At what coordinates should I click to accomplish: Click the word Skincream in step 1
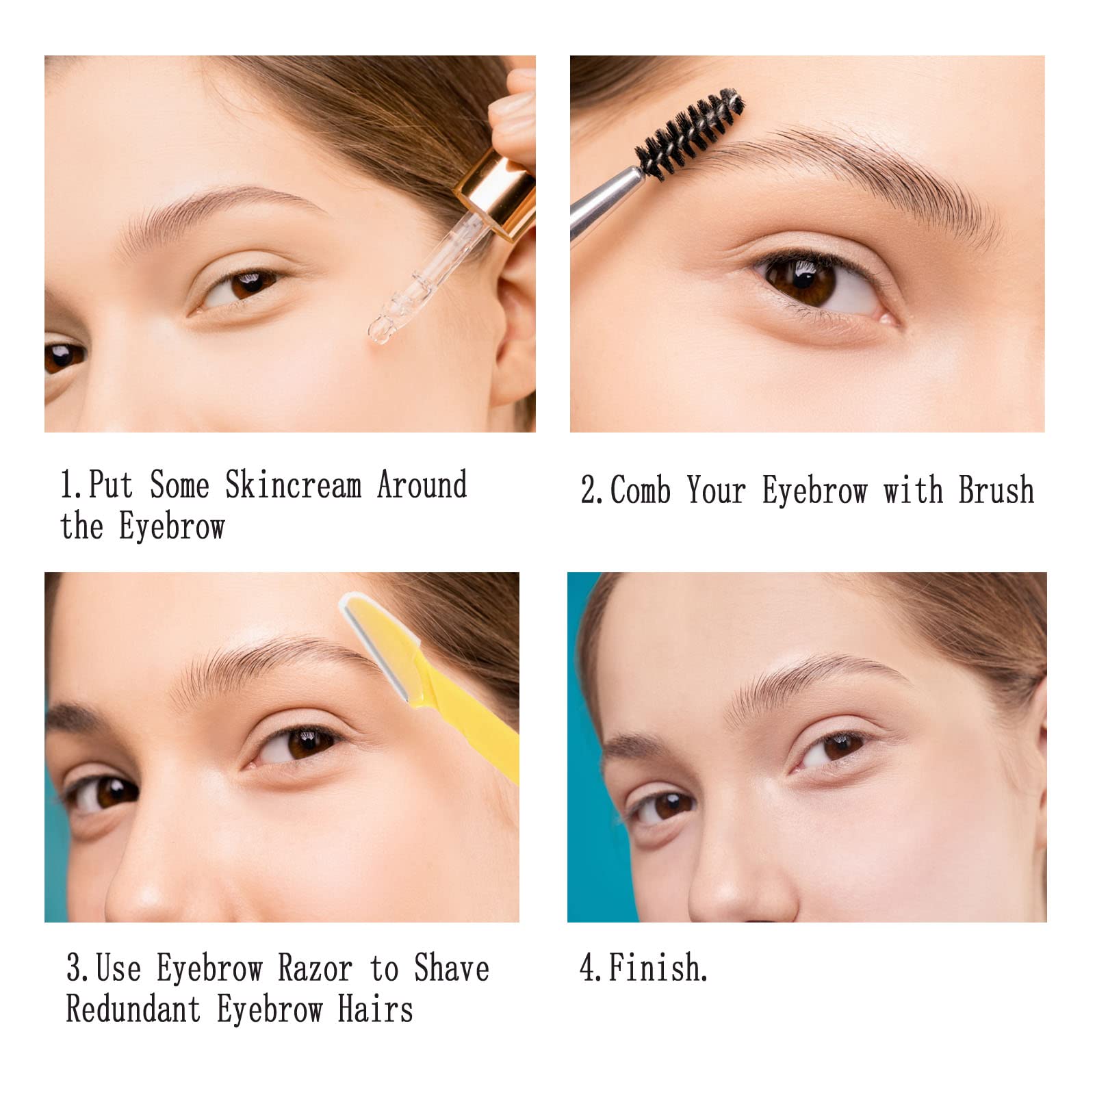(x=293, y=485)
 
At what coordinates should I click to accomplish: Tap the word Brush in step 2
(x=996, y=490)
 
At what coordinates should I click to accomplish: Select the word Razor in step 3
(x=315, y=968)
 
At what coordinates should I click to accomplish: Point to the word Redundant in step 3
(x=133, y=1009)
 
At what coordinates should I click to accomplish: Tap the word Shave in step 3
(x=452, y=968)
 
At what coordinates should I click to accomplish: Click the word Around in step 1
(x=422, y=485)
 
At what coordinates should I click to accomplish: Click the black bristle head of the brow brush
(x=690, y=130)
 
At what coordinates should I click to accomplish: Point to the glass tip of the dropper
(x=384, y=328)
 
